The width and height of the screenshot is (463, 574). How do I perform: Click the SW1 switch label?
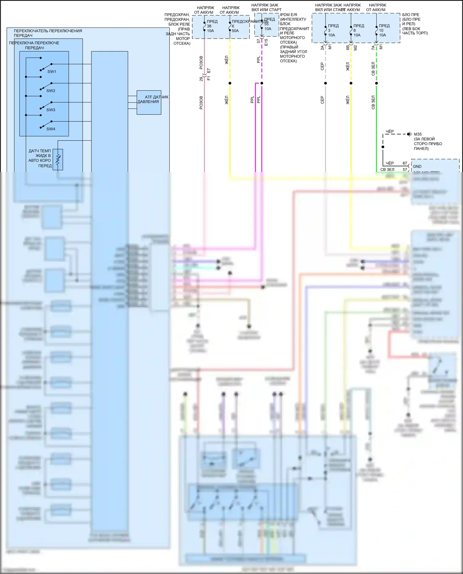52,72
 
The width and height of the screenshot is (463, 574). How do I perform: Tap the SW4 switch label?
51,129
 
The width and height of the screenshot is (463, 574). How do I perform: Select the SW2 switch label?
51,91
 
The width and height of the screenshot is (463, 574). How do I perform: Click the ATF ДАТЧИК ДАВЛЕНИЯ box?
149,102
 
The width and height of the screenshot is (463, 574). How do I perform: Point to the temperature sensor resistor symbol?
58,159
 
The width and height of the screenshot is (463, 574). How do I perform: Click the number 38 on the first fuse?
209,26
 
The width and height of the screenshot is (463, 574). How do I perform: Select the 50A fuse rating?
235,31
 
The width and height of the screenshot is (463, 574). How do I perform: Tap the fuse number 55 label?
266,24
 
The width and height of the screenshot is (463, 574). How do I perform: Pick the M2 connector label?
355,47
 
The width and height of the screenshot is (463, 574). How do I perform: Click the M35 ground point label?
418,134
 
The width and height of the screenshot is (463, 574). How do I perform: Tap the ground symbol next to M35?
409,134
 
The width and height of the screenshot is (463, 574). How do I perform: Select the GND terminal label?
417,166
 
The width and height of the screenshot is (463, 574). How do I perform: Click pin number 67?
405,163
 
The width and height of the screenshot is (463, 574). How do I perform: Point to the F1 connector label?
209,78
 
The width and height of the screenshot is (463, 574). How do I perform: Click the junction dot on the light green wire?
376,83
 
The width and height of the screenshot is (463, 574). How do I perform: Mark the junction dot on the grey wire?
325,83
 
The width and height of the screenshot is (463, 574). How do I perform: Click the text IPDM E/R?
288,14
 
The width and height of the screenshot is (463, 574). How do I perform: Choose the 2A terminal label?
322,47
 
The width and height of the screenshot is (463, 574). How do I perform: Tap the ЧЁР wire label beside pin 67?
390,163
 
